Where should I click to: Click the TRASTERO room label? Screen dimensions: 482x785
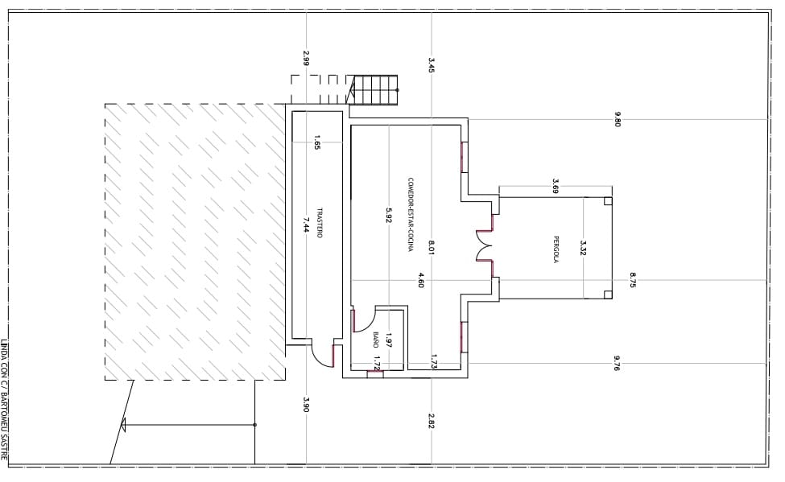320,222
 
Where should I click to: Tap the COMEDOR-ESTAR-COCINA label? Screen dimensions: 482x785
411,215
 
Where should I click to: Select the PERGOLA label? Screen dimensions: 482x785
556,249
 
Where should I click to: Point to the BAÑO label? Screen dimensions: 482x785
375,339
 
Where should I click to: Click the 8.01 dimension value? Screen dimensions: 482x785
432,248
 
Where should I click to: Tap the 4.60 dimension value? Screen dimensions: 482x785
420,280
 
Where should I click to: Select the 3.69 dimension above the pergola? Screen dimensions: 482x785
555,186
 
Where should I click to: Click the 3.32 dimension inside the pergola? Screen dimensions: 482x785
583,248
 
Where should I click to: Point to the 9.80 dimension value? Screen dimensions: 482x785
618,119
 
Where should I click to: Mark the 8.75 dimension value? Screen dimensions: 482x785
633,279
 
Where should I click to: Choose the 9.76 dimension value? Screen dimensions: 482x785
617,363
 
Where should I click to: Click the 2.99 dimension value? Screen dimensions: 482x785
306,58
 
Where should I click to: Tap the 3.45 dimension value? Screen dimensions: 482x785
432,65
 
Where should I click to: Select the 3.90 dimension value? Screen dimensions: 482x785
306,405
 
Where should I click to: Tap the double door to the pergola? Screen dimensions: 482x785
484,245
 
